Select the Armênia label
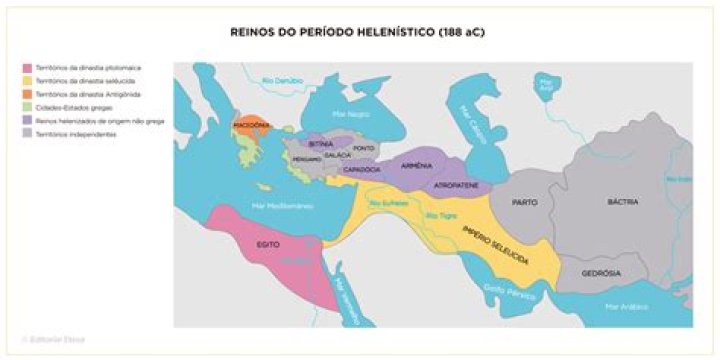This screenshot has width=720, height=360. [x=415, y=165]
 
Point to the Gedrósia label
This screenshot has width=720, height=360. [x=603, y=272]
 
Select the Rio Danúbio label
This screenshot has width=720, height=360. [x=282, y=79]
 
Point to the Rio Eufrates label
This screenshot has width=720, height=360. [x=390, y=204]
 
